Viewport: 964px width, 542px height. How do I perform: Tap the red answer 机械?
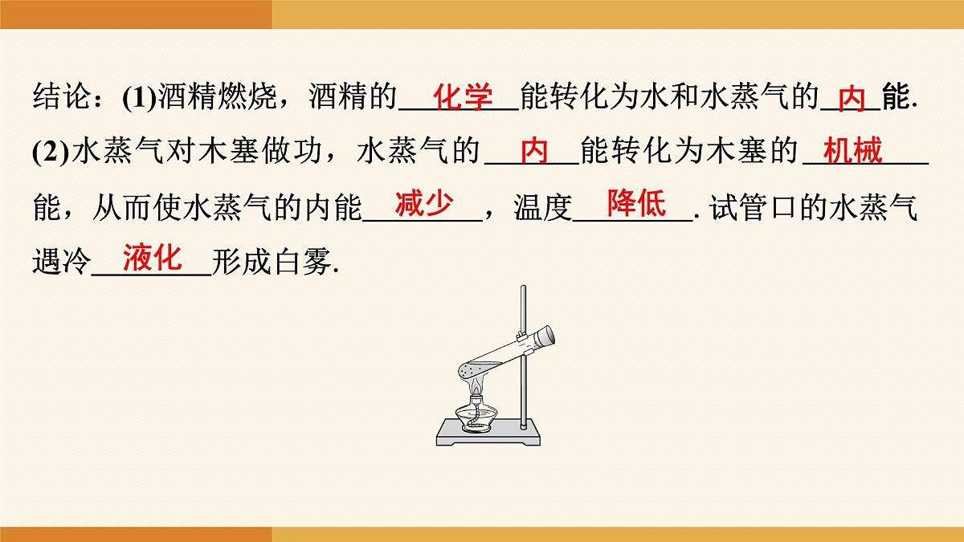[x=853, y=151]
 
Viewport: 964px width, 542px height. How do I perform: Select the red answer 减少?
[x=423, y=205]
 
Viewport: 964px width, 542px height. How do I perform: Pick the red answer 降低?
[x=636, y=205]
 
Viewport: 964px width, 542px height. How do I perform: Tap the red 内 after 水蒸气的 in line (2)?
[x=534, y=151]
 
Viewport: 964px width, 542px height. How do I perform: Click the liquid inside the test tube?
[x=473, y=370]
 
